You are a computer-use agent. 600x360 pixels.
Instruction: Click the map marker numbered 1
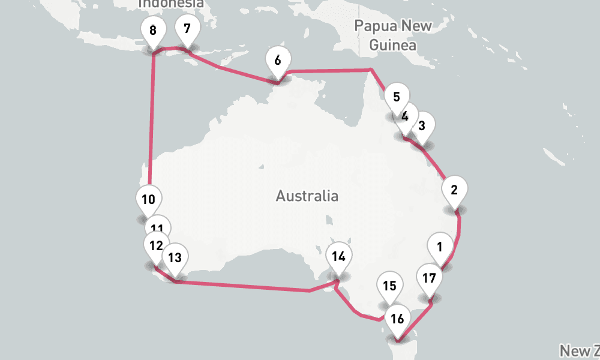click(440, 247)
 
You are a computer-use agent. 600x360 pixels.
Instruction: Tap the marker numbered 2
click(454, 191)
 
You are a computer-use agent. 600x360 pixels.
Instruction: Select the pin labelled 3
click(422, 125)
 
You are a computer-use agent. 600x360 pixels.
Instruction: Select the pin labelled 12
click(156, 245)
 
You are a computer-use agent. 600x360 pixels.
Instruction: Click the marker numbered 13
click(175, 258)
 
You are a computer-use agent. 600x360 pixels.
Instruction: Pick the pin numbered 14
click(338, 257)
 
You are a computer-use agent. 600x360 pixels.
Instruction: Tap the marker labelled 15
click(390, 286)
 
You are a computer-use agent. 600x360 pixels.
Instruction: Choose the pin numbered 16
click(397, 319)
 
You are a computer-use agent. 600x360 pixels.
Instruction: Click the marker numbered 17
click(429, 278)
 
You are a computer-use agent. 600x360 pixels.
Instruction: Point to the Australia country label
click(307, 196)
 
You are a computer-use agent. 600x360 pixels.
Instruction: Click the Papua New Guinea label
click(392, 35)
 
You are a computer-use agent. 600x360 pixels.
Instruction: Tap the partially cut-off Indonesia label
click(171, 4)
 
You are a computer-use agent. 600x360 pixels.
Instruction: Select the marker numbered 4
click(406, 116)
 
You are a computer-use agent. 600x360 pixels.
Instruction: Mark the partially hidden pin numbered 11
click(158, 227)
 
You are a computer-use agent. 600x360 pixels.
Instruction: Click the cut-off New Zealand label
click(580, 350)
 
